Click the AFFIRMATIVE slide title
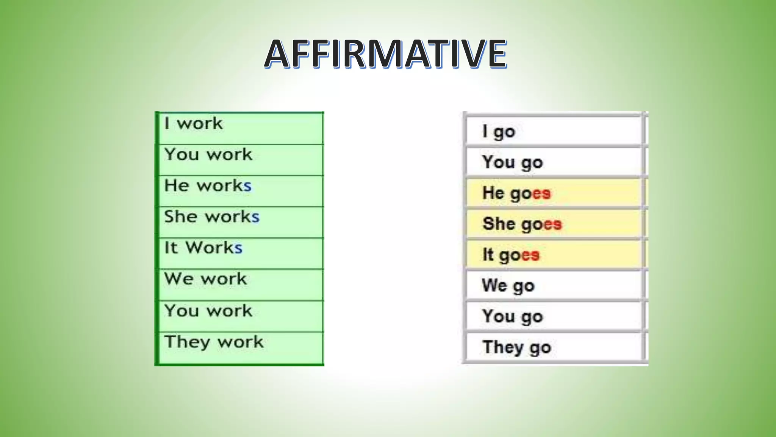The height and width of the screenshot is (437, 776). pyautogui.click(x=385, y=54)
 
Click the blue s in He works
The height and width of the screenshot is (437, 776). pyautogui.click(x=247, y=186)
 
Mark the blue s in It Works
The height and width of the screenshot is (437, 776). pyautogui.click(x=238, y=248)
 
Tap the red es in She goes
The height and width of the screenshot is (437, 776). pyautogui.click(x=553, y=224)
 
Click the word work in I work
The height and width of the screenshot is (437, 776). pyautogui.click(x=200, y=124)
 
